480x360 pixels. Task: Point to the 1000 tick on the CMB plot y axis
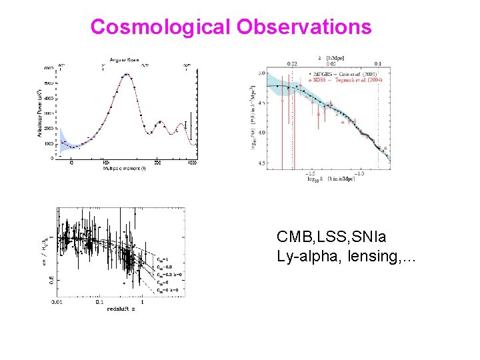point(49,143)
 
